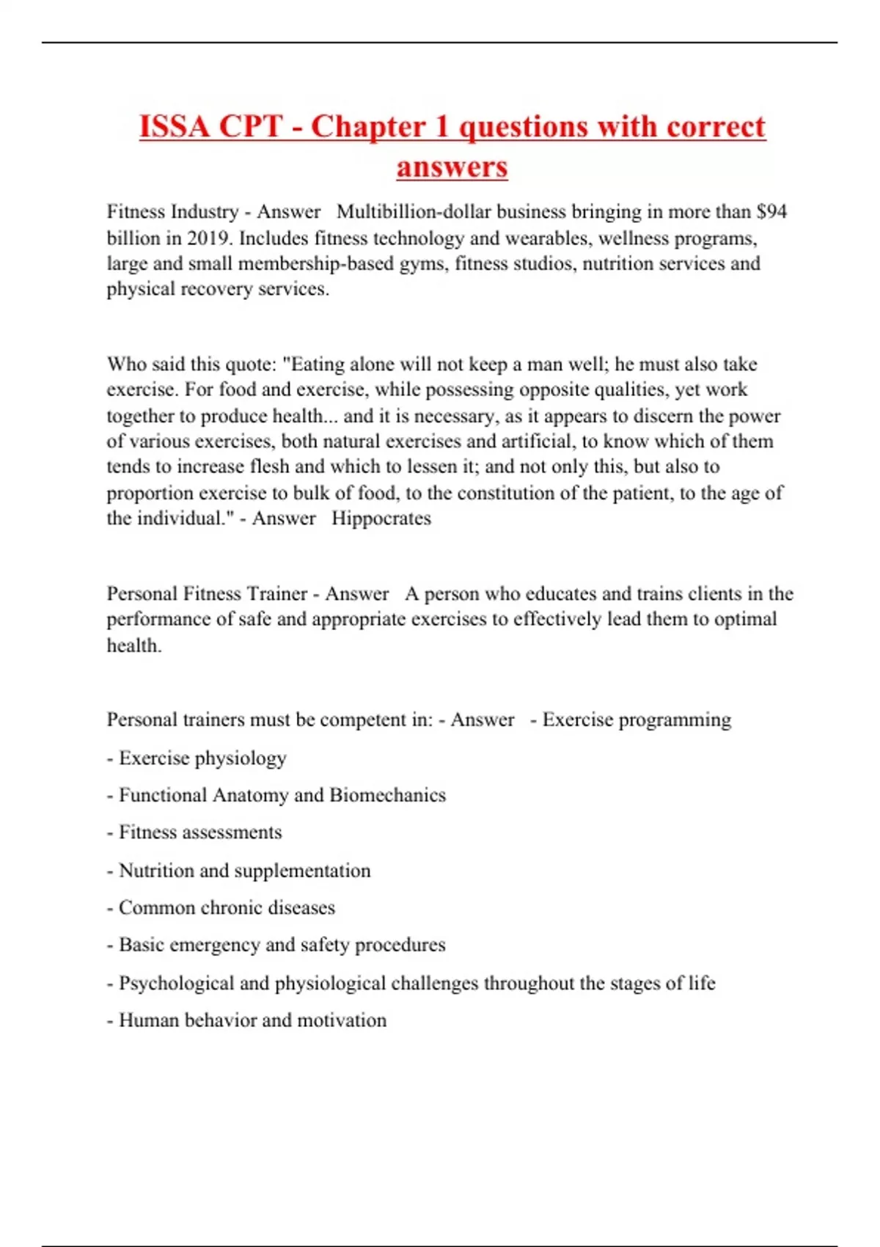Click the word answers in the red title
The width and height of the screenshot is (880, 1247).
coord(452,167)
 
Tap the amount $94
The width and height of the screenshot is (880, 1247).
coord(772,212)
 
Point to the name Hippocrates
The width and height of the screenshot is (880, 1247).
coord(381,519)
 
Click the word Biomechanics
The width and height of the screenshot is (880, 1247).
coord(387,795)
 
